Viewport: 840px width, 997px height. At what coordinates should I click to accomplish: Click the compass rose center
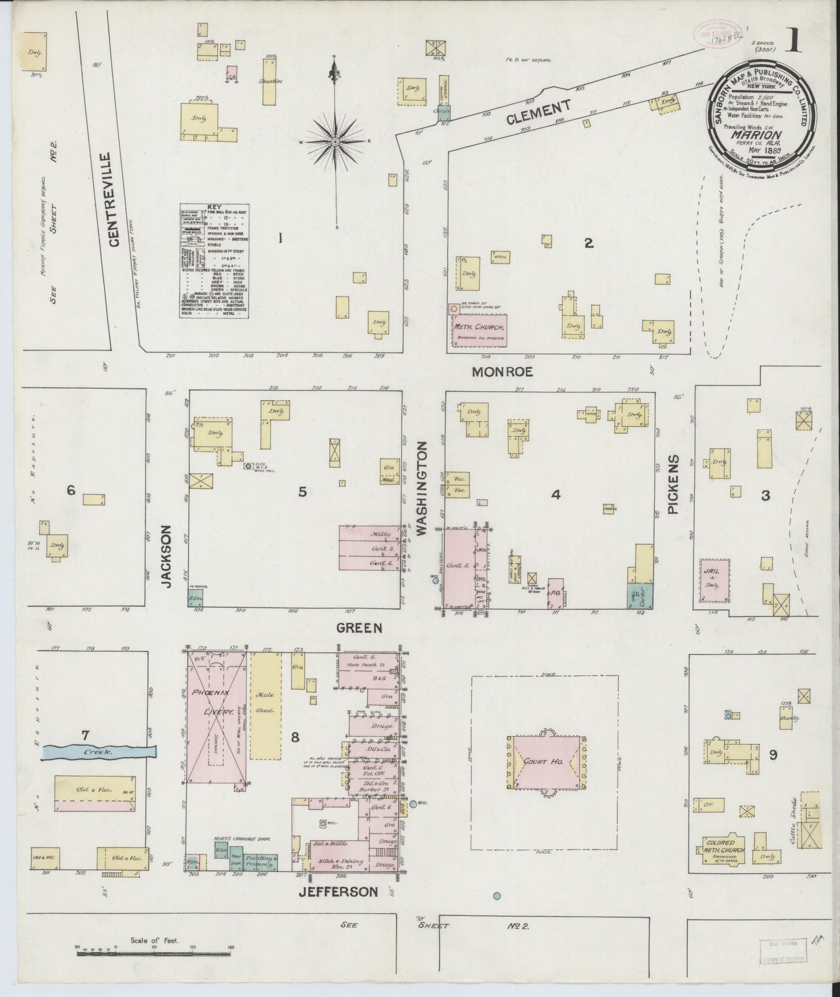click(336, 141)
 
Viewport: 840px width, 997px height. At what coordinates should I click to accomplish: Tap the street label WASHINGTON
click(423, 488)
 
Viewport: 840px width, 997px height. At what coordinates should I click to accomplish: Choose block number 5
click(302, 492)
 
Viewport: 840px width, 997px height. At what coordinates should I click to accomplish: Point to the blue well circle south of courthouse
click(497, 896)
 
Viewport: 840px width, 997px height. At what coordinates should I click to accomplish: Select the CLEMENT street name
click(538, 110)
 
